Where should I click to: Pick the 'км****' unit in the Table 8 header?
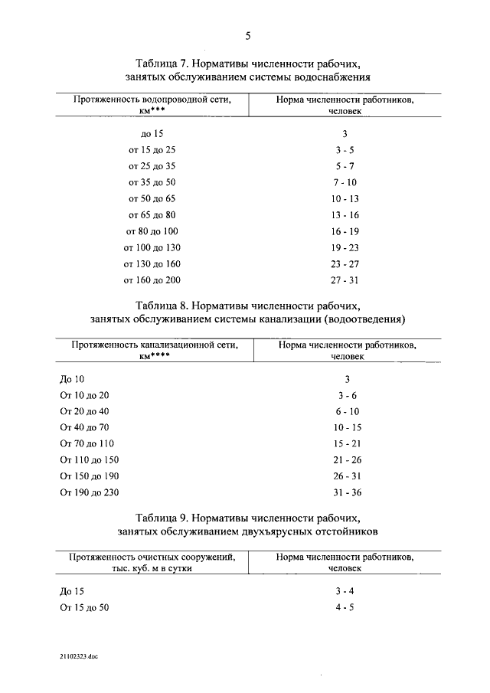pos(154,356)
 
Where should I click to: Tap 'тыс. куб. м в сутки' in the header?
pos(150,569)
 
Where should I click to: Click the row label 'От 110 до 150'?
pos(89,459)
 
